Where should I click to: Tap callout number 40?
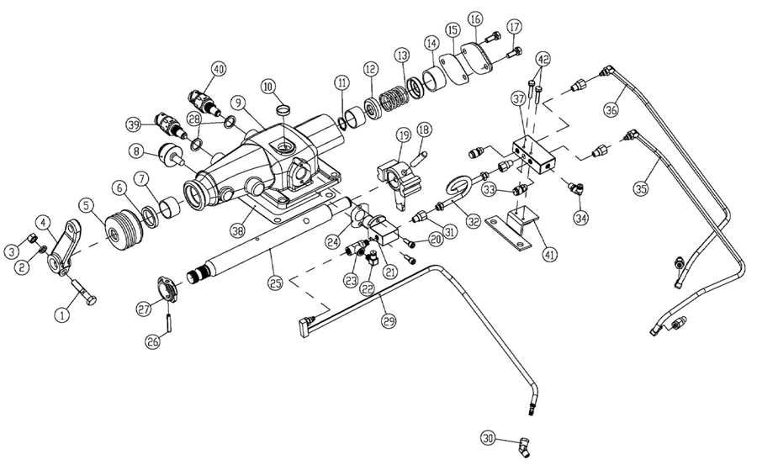(219, 69)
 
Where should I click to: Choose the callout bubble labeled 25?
(274, 283)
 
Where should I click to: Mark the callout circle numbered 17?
(515, 26)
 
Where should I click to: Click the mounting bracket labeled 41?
(512, 228)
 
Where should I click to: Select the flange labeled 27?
(164, 288)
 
